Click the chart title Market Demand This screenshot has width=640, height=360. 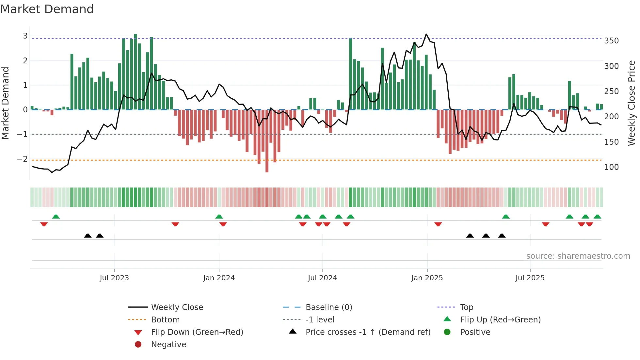pos(47,9)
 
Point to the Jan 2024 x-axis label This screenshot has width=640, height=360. pos(219,278)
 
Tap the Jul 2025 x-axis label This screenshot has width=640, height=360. pos(530,278)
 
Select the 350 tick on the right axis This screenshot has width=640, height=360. pos(611,41)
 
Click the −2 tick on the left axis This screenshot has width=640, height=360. pos(22,159)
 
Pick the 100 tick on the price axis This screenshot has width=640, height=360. pos(611,167)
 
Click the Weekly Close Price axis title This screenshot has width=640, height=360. pos(632,103)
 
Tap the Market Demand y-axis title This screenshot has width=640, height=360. pos(5,103)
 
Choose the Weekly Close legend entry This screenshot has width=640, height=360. pos(177,307)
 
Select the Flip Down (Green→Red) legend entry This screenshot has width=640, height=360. pos(197,332)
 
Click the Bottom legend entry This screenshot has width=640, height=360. pos(165,320)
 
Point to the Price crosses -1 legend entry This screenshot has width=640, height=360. pos(368,332)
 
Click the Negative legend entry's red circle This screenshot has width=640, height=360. pos(138,345)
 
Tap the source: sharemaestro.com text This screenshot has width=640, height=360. pos(578,256)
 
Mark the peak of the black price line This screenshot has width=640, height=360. pos(426,34)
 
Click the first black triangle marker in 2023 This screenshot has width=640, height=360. pos(88,236)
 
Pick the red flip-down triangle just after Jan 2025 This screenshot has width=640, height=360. pos(438,224)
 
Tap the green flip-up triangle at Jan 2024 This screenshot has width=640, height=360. pos(219,217)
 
